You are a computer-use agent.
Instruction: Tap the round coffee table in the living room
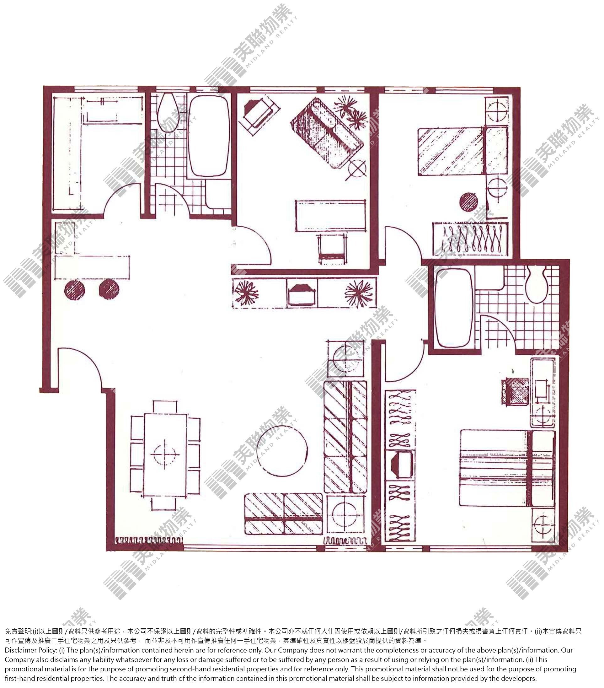coord(282,450)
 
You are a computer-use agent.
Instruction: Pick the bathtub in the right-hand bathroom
coord(453,309)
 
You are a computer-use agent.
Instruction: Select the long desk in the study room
coord(330,216)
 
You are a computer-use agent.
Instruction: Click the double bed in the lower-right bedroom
coord(507,468)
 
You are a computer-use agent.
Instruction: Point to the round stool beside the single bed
coord(468,202)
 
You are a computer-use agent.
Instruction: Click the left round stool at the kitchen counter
coord(75,289)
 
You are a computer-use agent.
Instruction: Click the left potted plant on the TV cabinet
coord(246,293)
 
